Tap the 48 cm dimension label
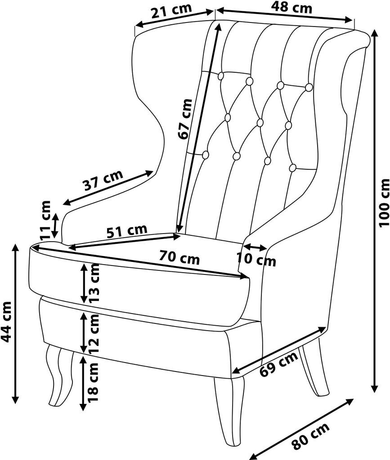click(x=292, y=8)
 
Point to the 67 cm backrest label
click(x=185, y=119)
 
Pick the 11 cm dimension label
click(x=46, y=220)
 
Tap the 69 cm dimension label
click(x=279, y=364)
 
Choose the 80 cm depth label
click(x=311, y=436)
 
